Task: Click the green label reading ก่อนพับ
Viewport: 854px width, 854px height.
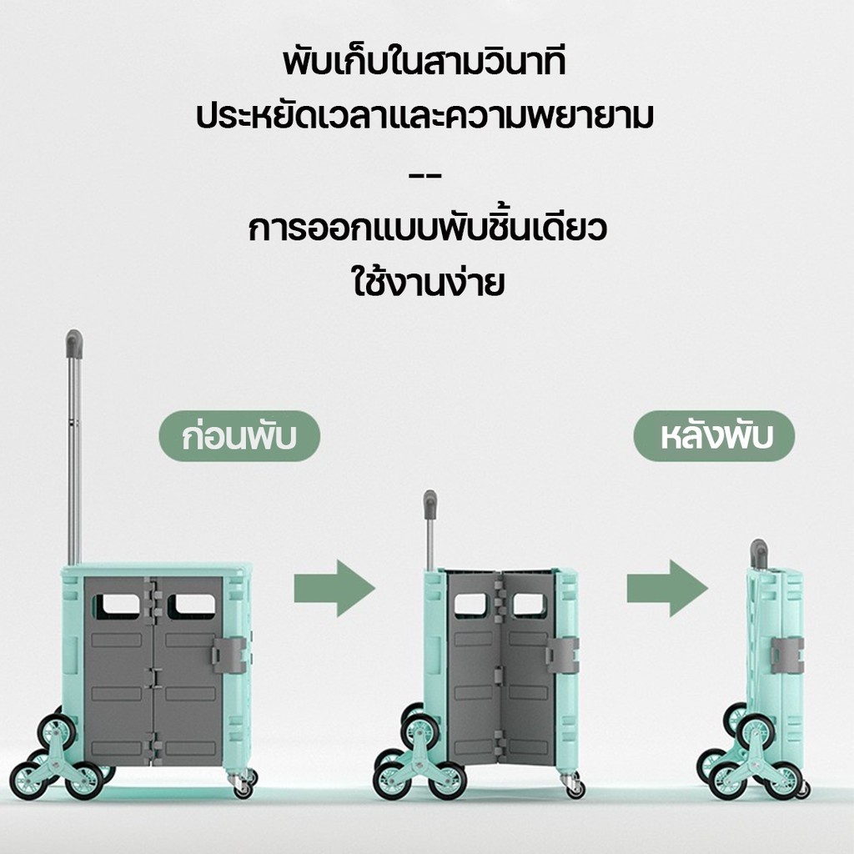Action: (239, 436)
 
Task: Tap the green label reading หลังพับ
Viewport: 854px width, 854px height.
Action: (714, 436)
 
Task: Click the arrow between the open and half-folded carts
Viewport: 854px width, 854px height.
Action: (334, 588)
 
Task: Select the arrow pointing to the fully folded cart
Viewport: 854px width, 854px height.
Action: (667, 588)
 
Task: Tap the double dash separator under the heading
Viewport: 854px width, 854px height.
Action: (424, 176)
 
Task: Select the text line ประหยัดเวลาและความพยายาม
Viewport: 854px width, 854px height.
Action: (424, 116)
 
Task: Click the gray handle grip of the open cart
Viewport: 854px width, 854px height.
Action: (74, 344)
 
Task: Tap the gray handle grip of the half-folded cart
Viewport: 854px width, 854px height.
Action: (430, 504)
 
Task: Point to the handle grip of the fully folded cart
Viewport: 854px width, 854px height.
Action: (759, 552)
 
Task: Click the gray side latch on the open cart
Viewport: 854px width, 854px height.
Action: (229, 655)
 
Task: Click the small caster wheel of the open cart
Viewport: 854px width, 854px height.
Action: (243, 785)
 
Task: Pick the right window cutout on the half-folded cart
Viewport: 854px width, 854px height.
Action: (530, 604)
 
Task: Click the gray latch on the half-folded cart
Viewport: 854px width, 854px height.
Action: (562, 655)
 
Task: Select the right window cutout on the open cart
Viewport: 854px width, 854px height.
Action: (192, 605)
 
